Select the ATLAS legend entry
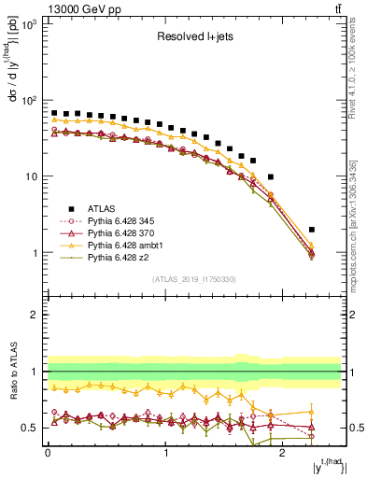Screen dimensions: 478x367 tap(102, 208)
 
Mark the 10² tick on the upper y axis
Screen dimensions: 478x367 tap(27, 100)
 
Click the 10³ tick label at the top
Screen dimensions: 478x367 tap(27, 24)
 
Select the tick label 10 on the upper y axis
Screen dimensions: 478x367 tap(30, 176)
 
